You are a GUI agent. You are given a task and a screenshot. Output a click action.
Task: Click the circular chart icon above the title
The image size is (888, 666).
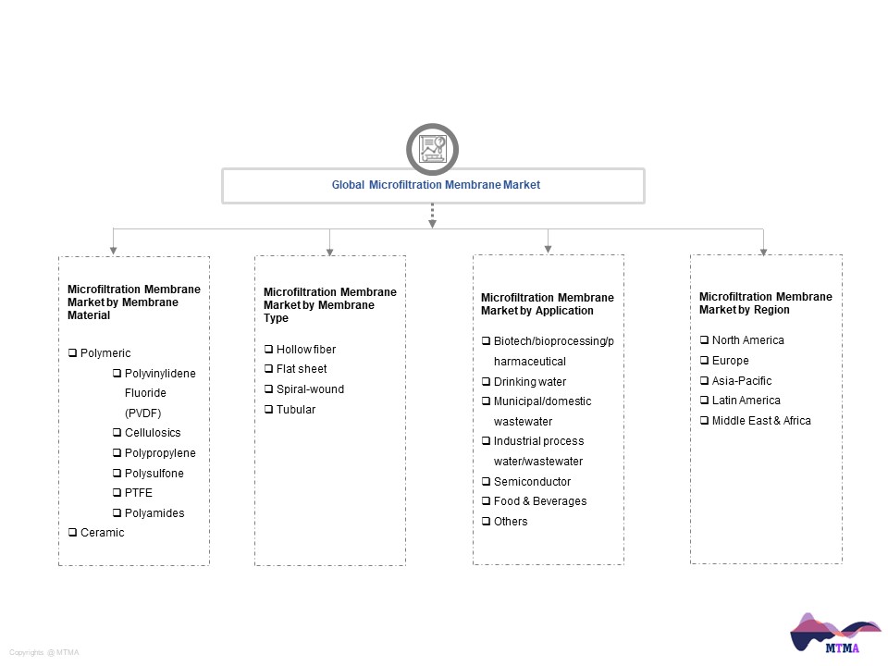432,149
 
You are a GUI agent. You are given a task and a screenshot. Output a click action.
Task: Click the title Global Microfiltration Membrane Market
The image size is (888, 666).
436,185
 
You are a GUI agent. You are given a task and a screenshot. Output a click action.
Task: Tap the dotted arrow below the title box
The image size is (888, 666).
432,216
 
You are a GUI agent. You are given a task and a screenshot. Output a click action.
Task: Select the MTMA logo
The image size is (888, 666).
835,633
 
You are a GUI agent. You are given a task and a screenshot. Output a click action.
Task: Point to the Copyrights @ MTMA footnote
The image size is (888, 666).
44,652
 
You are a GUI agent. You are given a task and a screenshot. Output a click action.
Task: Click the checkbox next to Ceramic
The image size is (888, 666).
72,533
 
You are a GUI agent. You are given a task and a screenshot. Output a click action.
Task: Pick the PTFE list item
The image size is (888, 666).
138,493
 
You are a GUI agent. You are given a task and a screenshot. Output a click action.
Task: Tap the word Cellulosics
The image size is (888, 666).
153,433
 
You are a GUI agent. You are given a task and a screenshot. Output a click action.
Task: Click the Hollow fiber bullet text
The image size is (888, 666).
306,350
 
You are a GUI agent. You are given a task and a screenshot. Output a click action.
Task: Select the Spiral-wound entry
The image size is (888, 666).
310,389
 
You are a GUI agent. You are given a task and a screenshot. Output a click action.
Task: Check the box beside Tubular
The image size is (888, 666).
268,410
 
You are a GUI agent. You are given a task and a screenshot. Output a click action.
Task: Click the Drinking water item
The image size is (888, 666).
529,382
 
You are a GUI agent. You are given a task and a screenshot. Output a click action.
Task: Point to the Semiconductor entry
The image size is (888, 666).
532,481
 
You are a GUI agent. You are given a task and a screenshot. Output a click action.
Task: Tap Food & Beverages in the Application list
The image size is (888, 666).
539,501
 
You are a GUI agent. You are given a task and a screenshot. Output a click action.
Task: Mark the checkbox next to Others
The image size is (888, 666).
486,521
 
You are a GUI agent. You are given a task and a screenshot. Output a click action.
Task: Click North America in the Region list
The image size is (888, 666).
747,339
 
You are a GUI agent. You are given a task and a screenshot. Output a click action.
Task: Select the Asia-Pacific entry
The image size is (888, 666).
741,380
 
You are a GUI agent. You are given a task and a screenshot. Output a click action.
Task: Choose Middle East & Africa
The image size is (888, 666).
761,420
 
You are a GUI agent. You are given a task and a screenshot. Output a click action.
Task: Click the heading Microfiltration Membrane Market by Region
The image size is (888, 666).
766,303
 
